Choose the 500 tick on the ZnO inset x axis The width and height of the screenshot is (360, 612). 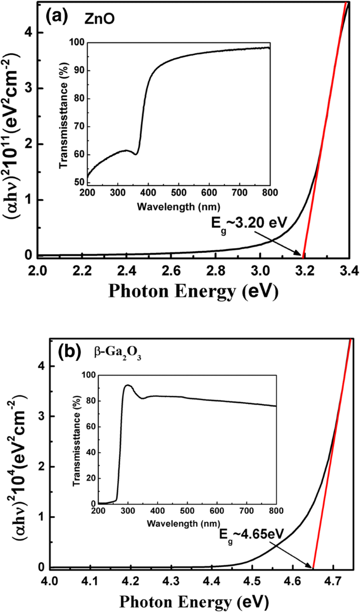click(179, 193)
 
